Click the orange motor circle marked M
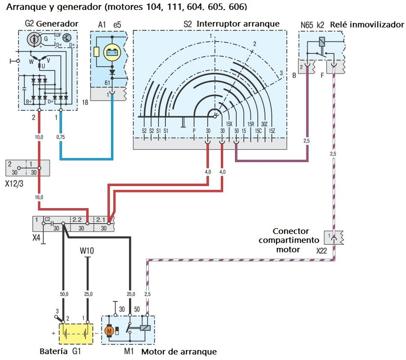(x=108, y=331)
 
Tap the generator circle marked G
(x=33, y=40)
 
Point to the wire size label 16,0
(x=39, y=197)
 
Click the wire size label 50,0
(x=64, y=294)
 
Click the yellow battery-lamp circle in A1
(x=111, y=53)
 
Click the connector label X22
(x=321, y=250)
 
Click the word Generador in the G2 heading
(x=58, y=23)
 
